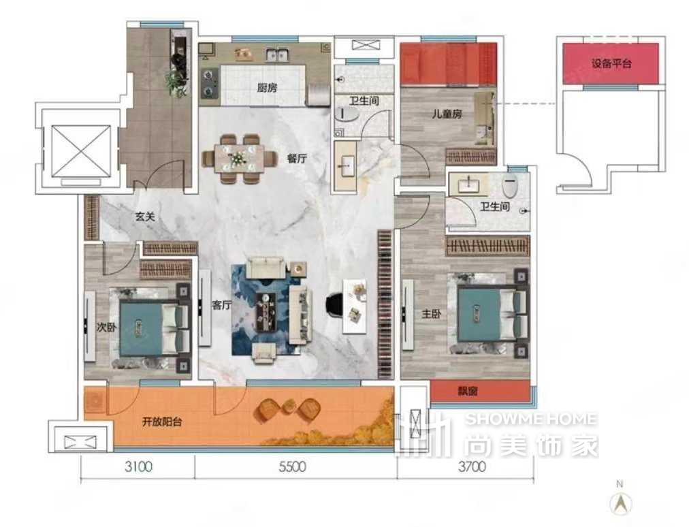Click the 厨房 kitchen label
click(267, 87)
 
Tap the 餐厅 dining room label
click(297, 158)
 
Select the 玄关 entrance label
click(145, 217)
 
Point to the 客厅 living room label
click(222, 304)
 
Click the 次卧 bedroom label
click(106, 327)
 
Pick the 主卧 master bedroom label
click(432, 314)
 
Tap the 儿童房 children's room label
click(447, 114)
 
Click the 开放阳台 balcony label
click(162, 422)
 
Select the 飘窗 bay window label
click(468, 391)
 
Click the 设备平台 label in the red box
click(611, 63)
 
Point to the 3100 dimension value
click(138, 466)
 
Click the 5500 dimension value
click(292, 466)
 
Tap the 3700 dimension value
click(472, 466)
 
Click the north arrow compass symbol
click(620, 502)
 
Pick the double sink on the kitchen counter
click(277, 54)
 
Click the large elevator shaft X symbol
click(81, 150)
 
